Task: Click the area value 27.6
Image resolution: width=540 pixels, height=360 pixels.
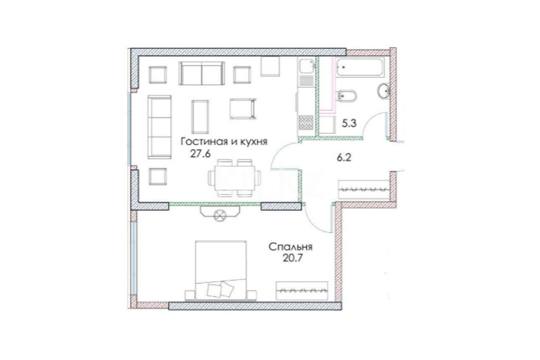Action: [x=200, y=154]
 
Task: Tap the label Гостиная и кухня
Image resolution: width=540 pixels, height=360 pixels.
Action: [x=224, y=142]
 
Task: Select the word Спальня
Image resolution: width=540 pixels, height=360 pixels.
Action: [x=290, y=247]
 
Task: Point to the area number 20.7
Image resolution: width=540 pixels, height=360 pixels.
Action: [x=293, y=258]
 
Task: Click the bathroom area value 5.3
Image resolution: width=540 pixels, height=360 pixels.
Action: [x=348, y=123]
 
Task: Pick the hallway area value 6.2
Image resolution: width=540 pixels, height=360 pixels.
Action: [x=344, y=158]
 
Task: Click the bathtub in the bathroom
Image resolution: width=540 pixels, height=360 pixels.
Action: [x=359, y=67]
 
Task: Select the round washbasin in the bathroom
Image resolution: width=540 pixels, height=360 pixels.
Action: [x=384, y=91]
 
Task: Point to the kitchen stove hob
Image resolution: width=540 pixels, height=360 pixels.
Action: [x=306, y=122]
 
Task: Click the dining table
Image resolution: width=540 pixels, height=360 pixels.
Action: [x=235, y=178]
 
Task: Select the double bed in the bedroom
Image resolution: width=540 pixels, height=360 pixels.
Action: [x=221, y=270]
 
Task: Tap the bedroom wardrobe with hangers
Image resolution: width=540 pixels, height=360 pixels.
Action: [x=302, y=291]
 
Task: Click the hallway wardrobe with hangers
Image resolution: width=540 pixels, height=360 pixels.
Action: [x=364, y=189]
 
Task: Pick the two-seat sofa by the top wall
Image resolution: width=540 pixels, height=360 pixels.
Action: [x=202, y=73]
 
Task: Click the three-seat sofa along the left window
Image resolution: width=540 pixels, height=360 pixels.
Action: [x=160, y=127]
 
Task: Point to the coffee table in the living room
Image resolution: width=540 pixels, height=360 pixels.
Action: [x=200, y=117]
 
